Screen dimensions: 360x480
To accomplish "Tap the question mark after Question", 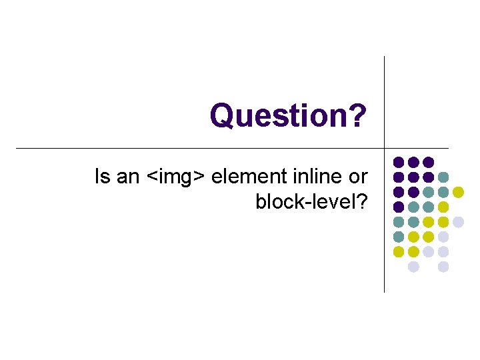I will [359, 115].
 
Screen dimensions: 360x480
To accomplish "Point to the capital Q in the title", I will [221, 115].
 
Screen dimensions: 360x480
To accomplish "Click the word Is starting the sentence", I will [102, 177].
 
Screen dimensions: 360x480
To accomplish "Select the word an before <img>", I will [127, 177].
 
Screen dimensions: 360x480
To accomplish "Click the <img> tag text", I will [176, 177].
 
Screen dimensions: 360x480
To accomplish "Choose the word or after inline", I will [359, 177].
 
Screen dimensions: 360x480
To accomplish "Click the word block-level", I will [305, 201].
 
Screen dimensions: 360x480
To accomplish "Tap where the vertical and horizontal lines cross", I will [385, 147].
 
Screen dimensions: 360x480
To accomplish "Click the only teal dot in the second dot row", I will [443, 177].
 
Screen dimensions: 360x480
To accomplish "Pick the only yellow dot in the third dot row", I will [458, 192].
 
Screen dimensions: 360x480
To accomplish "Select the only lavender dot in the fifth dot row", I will [458, 222].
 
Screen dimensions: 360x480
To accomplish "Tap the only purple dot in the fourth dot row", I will [398, 207].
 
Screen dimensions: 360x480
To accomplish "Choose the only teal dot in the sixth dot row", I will [398, 237].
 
